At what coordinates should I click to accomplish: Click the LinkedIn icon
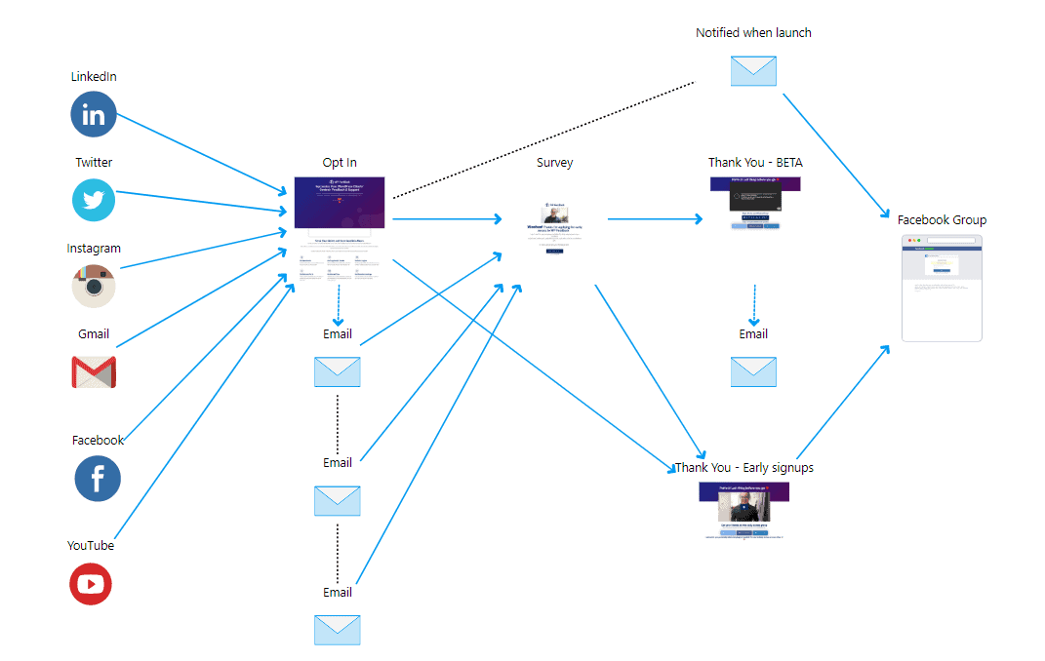94,115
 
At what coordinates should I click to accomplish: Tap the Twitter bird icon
94,201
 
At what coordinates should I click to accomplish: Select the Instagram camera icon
94,286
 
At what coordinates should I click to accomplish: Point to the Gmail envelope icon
94,371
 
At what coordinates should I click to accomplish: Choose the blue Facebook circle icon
98,479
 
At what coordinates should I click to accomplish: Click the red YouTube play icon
91,584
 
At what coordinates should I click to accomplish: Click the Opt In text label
340,163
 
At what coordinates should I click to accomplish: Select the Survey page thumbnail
554,229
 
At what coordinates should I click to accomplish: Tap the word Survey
554,163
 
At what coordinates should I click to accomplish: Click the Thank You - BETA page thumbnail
755,204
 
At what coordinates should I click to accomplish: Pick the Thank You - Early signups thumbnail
744,510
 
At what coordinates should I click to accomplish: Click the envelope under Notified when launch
753,71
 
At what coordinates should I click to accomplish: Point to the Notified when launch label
753,33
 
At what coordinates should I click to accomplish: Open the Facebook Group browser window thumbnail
942,288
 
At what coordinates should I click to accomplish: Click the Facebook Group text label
942,220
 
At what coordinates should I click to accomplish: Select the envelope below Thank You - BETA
753,371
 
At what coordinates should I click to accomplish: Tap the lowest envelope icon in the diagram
338,630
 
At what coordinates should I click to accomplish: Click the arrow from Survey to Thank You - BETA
654,219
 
